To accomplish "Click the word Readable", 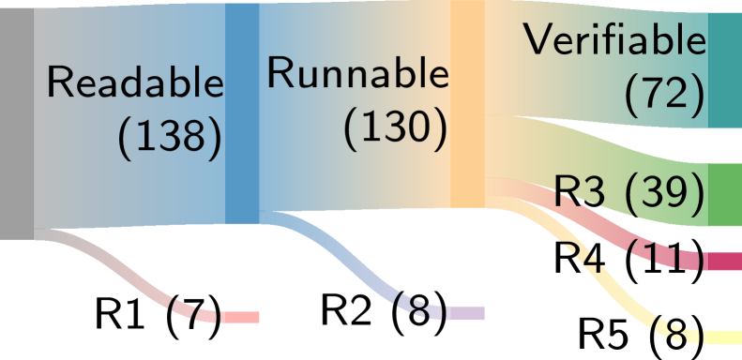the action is pos(135,83).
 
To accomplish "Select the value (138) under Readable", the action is pos(170,138).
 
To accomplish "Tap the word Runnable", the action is pos(357,73).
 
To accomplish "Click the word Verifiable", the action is pos(614,40).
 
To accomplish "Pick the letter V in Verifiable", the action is pos(538,40).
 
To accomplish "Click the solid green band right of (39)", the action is pos(722,197).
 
